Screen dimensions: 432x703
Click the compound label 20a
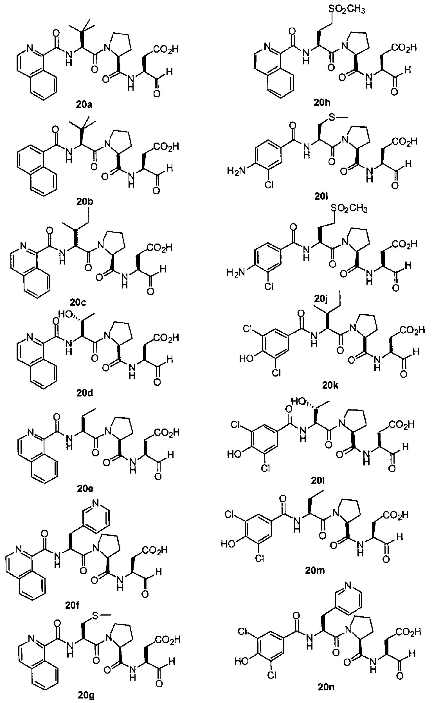pyautogui.click(x=84, y=105)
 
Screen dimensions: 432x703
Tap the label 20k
pyautogui.click(x=330, y=385)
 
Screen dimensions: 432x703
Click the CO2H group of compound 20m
pyautogui.click(x=396, y=515)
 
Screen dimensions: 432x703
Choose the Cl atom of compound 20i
pyautogui.click(x=269, y=185)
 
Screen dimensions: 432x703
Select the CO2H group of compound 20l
pyautogui.click(x=401, y=425)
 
